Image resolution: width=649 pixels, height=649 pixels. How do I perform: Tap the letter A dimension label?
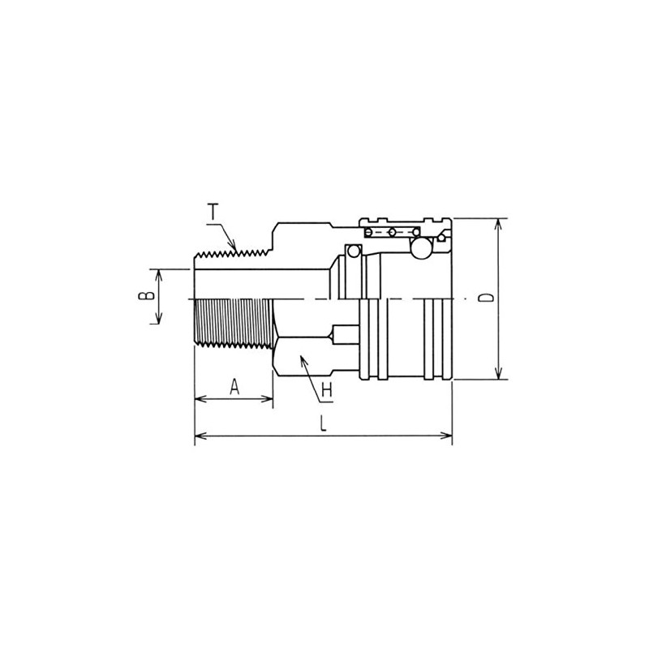[234, 386]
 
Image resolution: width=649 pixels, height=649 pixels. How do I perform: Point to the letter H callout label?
[327, 390]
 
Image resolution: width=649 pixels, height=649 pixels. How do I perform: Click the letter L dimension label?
[323, 424]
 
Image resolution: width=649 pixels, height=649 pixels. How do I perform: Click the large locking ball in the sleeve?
[422, 249]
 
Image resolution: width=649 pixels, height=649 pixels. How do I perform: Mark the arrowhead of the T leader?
[235, 247]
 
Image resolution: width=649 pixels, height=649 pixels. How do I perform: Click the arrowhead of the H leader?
[302, 358]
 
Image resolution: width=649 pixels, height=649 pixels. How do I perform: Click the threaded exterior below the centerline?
[234, 324]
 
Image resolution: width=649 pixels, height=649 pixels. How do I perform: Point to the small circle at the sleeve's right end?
[441, 237]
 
